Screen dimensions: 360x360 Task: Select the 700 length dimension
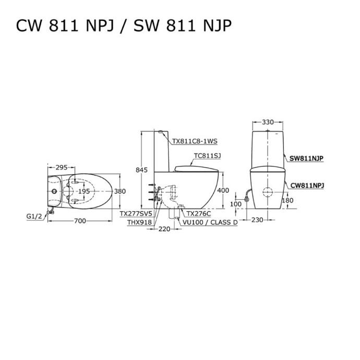click(x=80, y=221)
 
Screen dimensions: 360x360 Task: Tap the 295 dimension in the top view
click(x=62, y=167)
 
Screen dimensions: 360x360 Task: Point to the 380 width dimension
click(x=120, y=191)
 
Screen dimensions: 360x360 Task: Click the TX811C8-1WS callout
click(x=194, y=141)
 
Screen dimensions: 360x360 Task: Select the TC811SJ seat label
click(x=207, y=155)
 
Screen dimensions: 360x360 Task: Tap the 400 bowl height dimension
click(x=223, y=191)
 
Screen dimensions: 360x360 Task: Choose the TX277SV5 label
click(x=136, y=214)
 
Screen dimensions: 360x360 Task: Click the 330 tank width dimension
click(x=268, y=122)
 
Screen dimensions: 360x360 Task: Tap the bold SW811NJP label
click(x=306, y=157)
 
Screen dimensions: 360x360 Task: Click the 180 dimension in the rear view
click(x=287, y=200)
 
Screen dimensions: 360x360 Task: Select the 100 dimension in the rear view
click(x=236, y=203)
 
